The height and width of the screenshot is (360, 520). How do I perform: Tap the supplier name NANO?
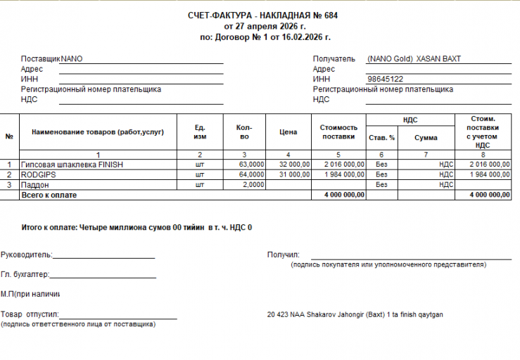72,59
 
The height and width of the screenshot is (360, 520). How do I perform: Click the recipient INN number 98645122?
385,79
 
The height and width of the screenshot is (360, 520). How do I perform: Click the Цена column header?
288,132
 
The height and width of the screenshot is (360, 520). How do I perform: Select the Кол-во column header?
244,132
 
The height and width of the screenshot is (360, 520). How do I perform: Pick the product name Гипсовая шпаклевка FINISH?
72,165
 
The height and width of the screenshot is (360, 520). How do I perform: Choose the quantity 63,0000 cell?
251,165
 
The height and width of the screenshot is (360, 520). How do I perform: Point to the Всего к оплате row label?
49,194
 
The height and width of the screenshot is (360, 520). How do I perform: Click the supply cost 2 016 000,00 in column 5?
343,165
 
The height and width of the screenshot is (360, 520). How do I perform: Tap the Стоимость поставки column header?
338,132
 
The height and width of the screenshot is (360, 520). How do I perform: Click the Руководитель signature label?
26,255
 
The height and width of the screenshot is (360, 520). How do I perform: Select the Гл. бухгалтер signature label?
25,274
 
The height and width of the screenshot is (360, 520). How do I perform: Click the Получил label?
284,255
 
